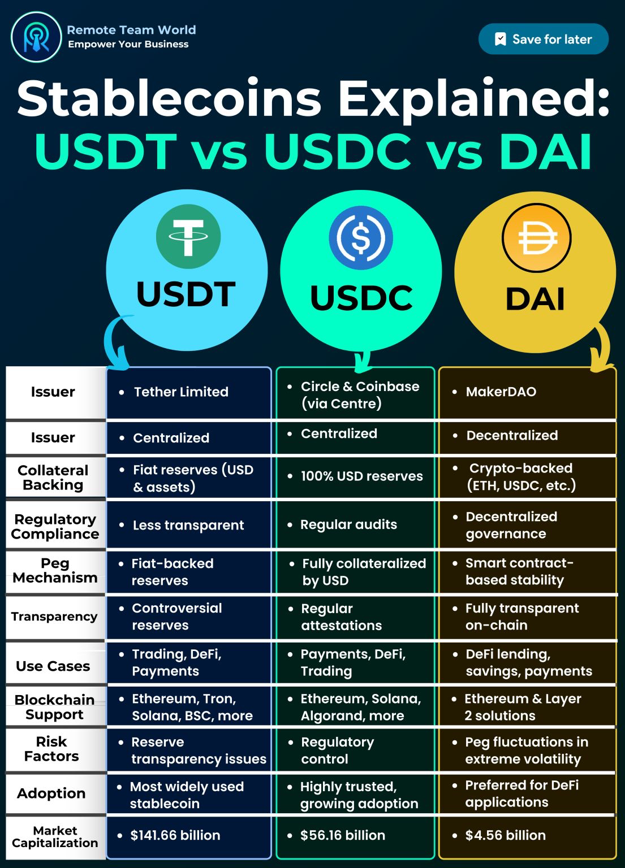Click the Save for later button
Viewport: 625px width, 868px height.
coord(543,39)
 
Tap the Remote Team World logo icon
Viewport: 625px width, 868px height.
coord(36,37)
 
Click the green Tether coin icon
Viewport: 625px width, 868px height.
coord(188,237)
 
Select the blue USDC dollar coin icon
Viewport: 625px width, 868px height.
coord(360,237)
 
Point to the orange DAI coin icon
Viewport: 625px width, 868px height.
coord(536,238)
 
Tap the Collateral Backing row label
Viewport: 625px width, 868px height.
coord(53,478)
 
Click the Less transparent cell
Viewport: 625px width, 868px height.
coord(188,526)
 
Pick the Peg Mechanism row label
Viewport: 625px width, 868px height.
coord(55,571)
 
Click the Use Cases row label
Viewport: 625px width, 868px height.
coord(53,666)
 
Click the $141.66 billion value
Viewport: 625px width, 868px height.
coord(175,836)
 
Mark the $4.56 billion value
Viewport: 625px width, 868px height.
coord(505,836)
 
